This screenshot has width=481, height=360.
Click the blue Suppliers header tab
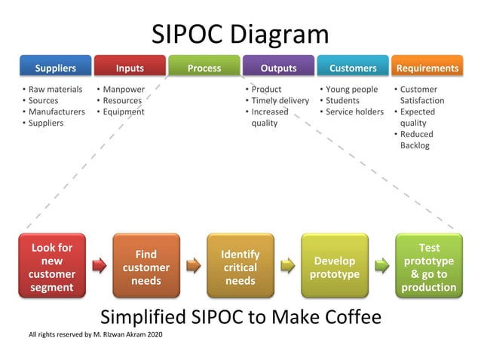point(55,68)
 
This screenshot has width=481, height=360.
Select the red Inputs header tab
point(130,68)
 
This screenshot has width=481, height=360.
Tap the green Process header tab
point(204,68)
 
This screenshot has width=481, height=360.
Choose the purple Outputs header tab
point(278,68)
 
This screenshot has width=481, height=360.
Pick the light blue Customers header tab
point(353,68)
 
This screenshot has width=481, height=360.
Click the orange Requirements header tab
point(427,68)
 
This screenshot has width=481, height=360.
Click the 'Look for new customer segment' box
point(52,267)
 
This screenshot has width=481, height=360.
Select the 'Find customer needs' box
point(146,267)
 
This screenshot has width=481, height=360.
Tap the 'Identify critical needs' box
point(240,267)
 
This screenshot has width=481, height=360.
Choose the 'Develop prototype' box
point(335,267)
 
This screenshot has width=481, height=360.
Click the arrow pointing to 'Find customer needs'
point(99,264)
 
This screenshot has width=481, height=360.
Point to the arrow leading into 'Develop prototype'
point(287,264)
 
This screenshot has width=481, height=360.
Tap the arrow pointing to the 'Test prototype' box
point(381,264)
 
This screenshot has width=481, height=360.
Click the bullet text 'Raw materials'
point(55,90)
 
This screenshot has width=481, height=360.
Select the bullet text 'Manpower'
point(124,90)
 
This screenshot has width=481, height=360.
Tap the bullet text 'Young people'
point(351,90)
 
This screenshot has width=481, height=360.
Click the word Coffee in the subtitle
point(352,316)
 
